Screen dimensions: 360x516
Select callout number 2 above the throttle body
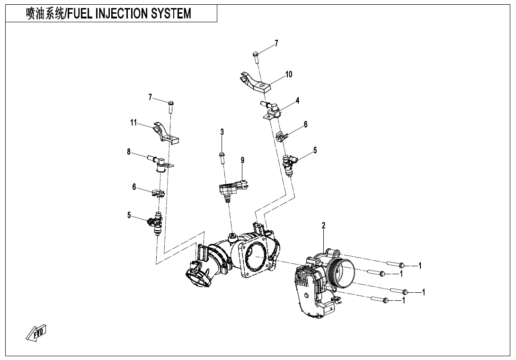(x=324, y=226)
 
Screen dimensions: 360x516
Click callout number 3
(x=222, y=132)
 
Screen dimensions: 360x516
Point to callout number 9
(x=242, y=161)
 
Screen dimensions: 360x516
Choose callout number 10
(x=289, y=74)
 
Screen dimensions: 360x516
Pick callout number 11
(x=133, y=123)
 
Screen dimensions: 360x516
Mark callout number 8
(x=128, y=152)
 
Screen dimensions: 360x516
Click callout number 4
(x=297, y=100)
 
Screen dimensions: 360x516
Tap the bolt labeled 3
(x=222, y=157)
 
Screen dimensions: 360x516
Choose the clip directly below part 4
(x=282, y=135)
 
